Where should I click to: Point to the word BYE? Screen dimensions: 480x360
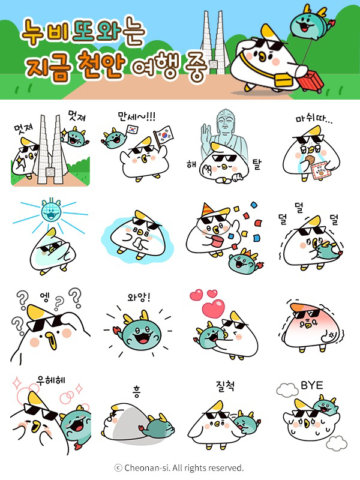tap(311, 385)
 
